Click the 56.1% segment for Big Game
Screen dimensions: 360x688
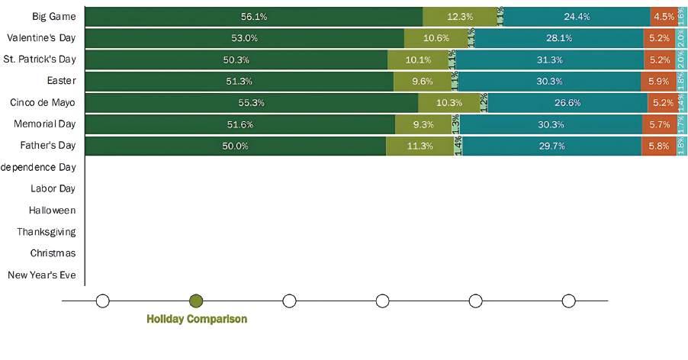[253, 16]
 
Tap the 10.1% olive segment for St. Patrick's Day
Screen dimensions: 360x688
[418, 59]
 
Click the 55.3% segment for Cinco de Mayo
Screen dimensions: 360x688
[251, 102]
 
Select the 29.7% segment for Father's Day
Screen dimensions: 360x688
[551, 146]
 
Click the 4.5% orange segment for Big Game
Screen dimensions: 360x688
[662, 16]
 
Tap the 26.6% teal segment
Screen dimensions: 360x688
[567, 102]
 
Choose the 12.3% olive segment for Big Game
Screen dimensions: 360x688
[460, 16]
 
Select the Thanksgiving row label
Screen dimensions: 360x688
[47, 231]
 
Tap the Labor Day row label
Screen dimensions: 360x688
[53, 188]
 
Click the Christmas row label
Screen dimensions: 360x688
[53, 252]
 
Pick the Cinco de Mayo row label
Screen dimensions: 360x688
[43, 102]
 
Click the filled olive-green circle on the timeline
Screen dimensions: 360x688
[196, 301]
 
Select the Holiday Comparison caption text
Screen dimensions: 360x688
[196, 320]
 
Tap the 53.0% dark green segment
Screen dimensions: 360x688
[244, 37]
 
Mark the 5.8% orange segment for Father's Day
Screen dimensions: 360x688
[658, 146]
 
